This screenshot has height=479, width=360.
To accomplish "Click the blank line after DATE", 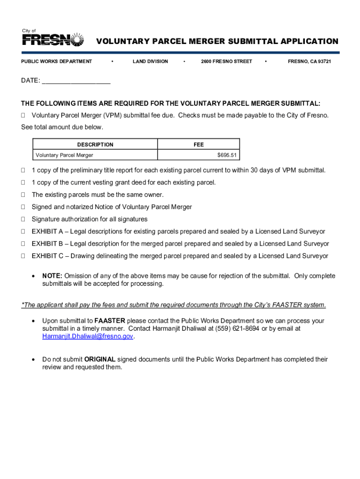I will click(76, 81).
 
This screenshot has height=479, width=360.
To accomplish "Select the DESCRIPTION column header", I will click(95, 145).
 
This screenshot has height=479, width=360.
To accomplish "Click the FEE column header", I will click(199, 145).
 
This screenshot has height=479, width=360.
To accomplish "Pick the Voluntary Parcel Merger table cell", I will click(65, 155).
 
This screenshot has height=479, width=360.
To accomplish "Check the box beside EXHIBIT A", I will click(23, 232).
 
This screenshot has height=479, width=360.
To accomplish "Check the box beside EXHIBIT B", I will click(23, 244).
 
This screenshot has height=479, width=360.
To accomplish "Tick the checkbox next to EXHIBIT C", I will click(23, 256).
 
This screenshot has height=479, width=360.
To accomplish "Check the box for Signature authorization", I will click(23, 219).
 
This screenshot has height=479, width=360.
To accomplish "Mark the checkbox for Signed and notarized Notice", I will click(23, 207).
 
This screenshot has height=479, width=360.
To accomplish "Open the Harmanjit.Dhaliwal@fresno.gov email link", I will click(88, 336).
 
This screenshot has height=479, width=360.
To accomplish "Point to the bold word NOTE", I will click(52, 276).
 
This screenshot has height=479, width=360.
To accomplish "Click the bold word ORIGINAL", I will click(100, 359).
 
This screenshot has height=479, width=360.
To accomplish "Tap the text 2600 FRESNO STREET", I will click(226, 61).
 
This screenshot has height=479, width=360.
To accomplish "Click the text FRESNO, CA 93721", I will click(309, 61).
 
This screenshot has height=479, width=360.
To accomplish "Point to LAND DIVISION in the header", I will click(150, 61).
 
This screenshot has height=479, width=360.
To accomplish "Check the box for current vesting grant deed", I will click(23, 182).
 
